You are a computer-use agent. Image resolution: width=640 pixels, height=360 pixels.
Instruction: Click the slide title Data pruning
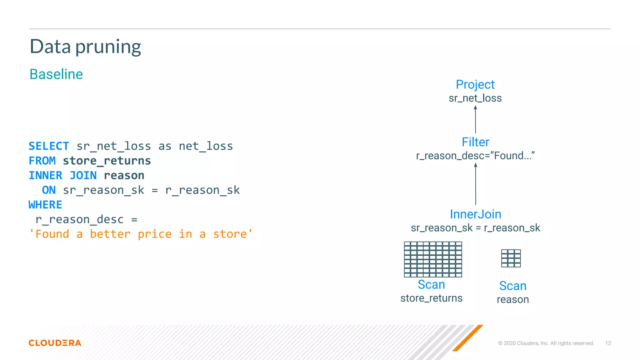pyautogui.click(x=85, y=47)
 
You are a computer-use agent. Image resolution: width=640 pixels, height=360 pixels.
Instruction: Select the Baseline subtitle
pyautogui.click(x=56, y=74)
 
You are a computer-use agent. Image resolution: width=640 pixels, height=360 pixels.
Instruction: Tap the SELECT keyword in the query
pyautogui.click(x=49, y=146)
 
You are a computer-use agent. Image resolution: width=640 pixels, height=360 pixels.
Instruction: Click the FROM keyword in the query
pyautogui.click(x=42, y=161)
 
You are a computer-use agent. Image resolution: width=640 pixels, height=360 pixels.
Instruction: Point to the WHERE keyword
pyautogui.click(x=45, y=205)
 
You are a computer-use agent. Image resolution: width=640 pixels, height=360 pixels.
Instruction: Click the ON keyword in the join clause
pyautogui.click(x=49, y=190)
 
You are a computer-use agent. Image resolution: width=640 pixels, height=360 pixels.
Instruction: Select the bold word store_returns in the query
pyautogui.click(x=107, y=161)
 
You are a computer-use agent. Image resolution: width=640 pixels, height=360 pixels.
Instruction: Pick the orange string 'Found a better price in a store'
pyautogui.click(x=141, y=234)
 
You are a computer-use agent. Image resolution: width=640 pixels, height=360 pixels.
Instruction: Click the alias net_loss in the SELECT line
pyautogui.click(x=206, y=146)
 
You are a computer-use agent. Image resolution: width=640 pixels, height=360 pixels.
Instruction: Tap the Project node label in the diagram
pyautogui.click(x=475, y=84)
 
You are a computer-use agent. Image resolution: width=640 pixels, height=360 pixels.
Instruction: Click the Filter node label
pyautogui.click(x=475, y=142)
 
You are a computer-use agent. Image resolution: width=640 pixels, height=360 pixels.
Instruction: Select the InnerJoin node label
pyautogui.click(x=475, y=214)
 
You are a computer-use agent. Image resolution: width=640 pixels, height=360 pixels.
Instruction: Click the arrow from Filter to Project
pyautogui.click(x=475, y=119)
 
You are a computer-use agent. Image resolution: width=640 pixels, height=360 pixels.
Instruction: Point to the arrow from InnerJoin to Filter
pyautogui.click(x=476, y=184)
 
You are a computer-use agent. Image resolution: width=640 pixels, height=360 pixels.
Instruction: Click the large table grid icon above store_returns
pyautogui.click(x=433, y=259)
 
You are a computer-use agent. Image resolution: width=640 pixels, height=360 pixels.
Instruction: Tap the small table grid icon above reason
pyautogui.click(x=511, y=258)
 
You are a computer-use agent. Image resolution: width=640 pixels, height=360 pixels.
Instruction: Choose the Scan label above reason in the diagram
pyautogui.click(x=513, y=286)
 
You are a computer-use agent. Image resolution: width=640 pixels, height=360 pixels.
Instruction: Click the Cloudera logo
pyautogui.click(x=55, y=343)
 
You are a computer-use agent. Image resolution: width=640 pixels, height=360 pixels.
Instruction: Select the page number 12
pyautogui.click(x=608, y=343)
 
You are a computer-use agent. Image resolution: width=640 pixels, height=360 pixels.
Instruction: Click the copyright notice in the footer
pyautogui.click(x=546, y=343)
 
